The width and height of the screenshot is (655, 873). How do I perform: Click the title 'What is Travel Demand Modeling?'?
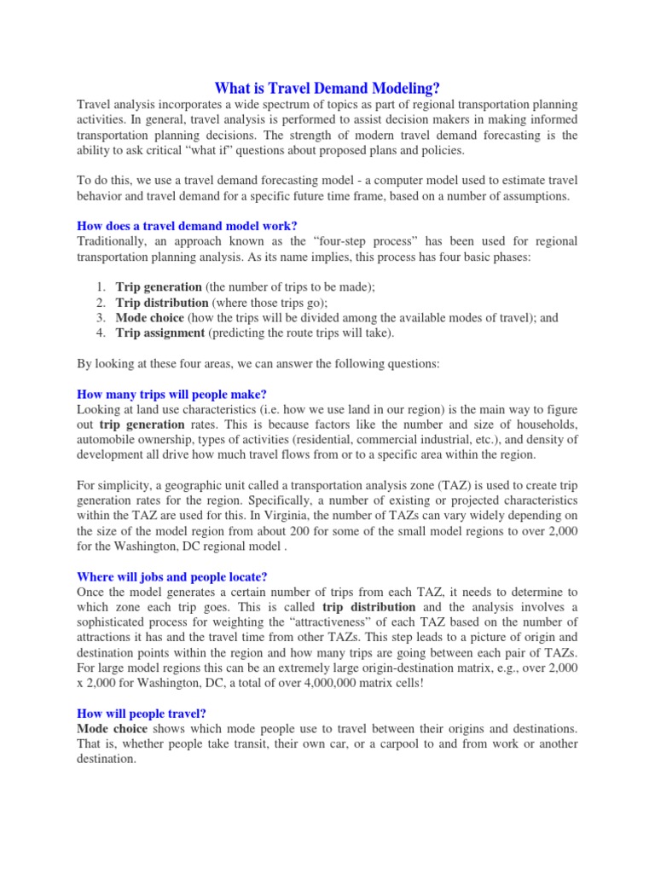327,88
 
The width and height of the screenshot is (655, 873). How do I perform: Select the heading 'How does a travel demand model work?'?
187,225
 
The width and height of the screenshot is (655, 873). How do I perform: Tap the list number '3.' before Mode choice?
101,318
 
